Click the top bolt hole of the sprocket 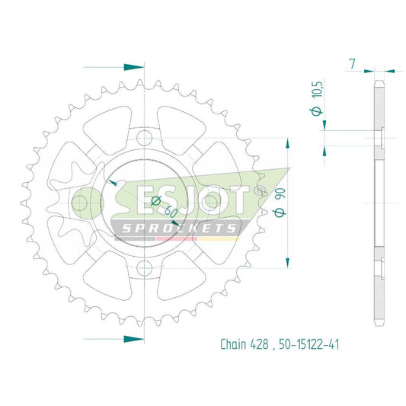click(144, 138)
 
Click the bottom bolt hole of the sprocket click(144, 268)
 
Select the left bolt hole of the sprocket click(79, 203)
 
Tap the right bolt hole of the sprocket click(209, 203)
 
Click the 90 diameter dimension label click(280, 202)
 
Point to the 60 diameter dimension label click(164, 207)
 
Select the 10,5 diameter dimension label click(317, 98)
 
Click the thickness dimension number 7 click(353, 64)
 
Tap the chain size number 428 click(259, 344)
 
